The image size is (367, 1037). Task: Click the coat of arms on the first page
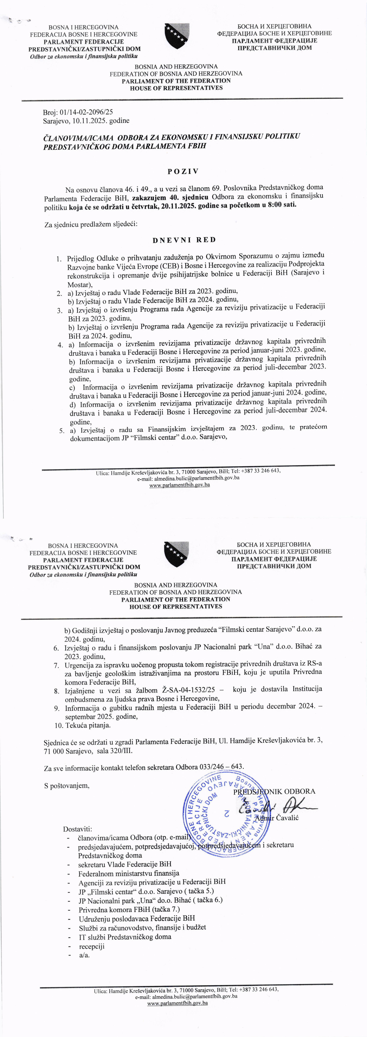(x=177, y=36)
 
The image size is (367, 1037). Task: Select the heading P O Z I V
(x=183, y=172)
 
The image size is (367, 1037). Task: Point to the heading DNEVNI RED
(x=184, y=240)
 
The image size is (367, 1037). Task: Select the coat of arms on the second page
(x=176, y=554)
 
